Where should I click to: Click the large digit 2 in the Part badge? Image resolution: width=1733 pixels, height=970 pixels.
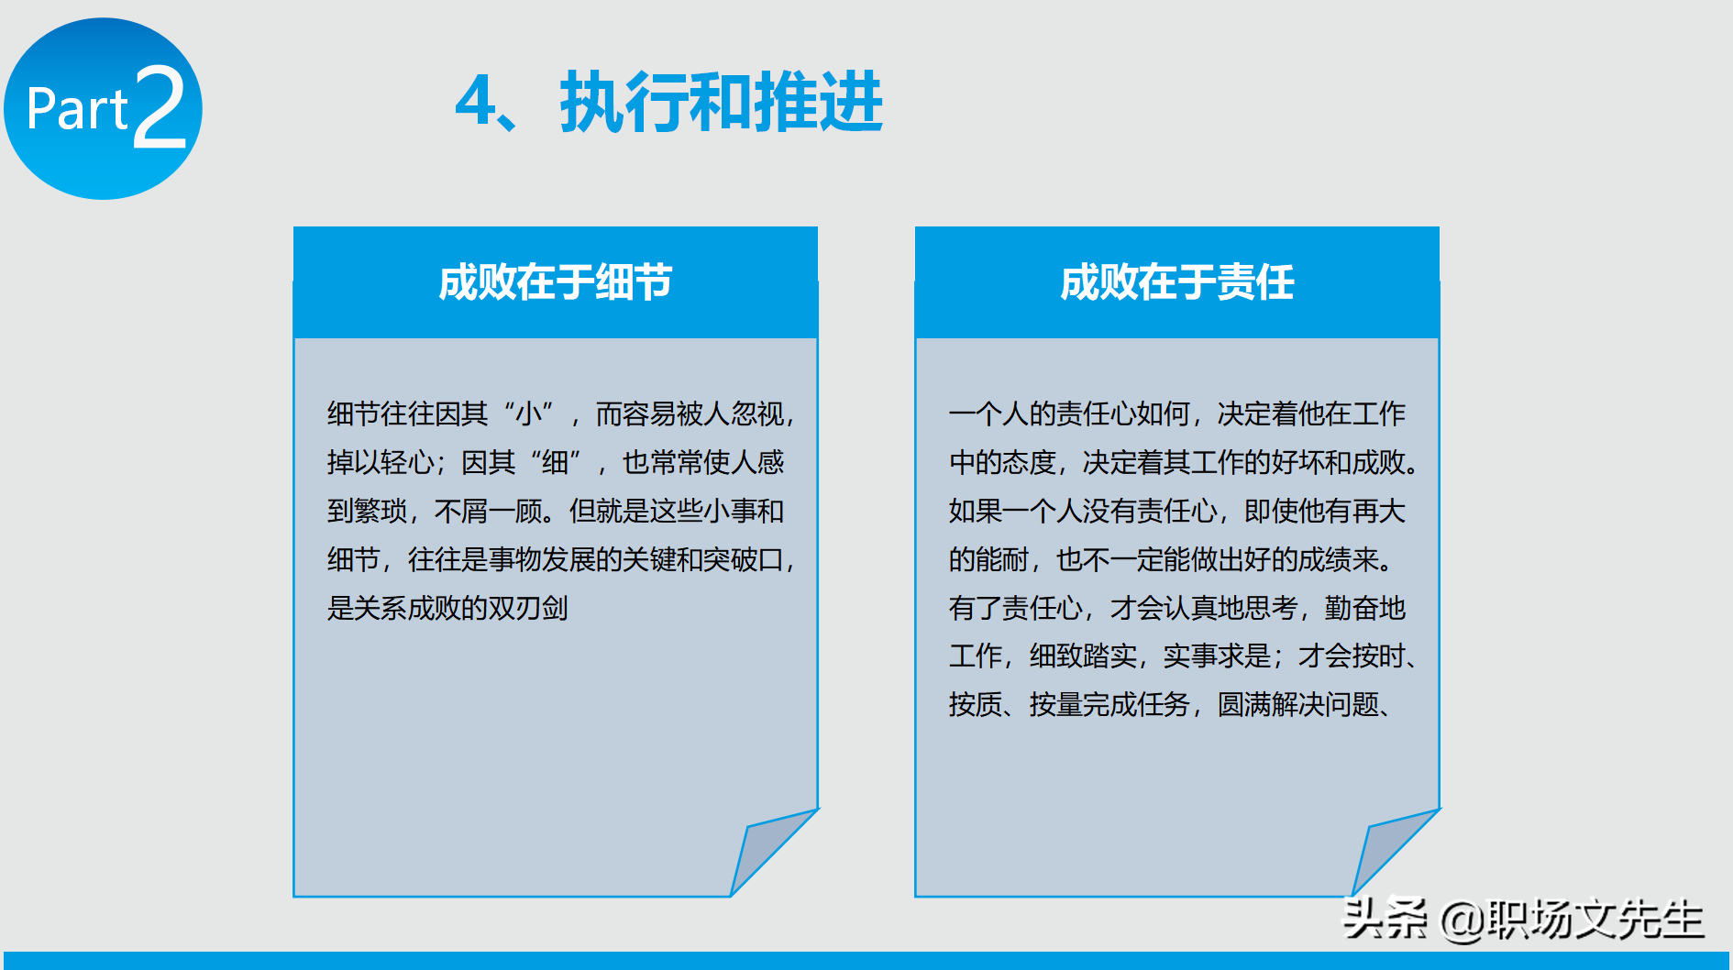tap(160, 108)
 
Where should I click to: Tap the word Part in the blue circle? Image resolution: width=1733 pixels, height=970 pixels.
tap(77, 110)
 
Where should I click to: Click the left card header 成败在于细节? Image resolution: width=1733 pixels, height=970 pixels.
tap(555, 282)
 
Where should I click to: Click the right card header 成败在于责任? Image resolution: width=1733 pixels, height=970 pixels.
tap(1176, 282)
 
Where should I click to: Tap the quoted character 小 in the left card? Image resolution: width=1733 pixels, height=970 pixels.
tap(529, 414)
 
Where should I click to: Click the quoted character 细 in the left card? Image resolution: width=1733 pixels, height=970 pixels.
tap(556, 463)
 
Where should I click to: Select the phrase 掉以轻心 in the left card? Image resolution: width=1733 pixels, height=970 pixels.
tap(381, 463)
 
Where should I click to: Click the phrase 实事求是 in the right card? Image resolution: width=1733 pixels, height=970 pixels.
tap(1217, 656)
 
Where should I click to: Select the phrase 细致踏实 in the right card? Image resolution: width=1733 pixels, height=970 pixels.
tap(1083, 656)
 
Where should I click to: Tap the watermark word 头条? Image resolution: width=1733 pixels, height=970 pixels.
tap(1385, 918)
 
